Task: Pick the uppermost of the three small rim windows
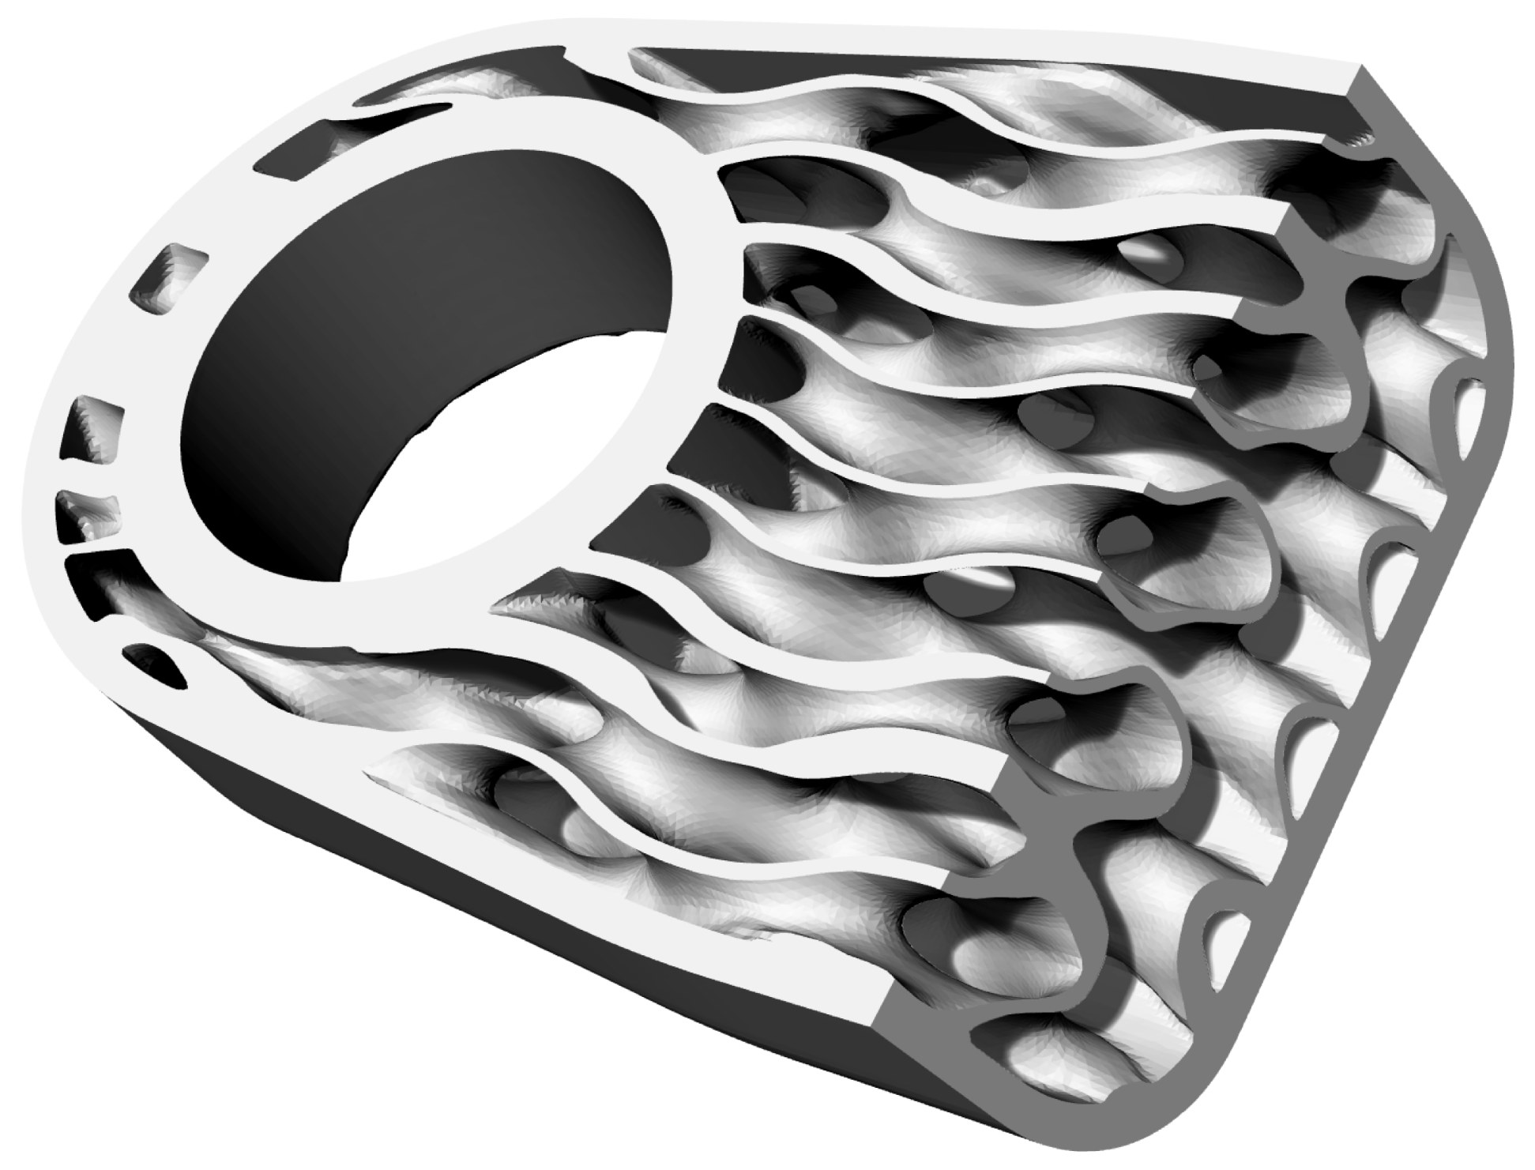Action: click(170, 277)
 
